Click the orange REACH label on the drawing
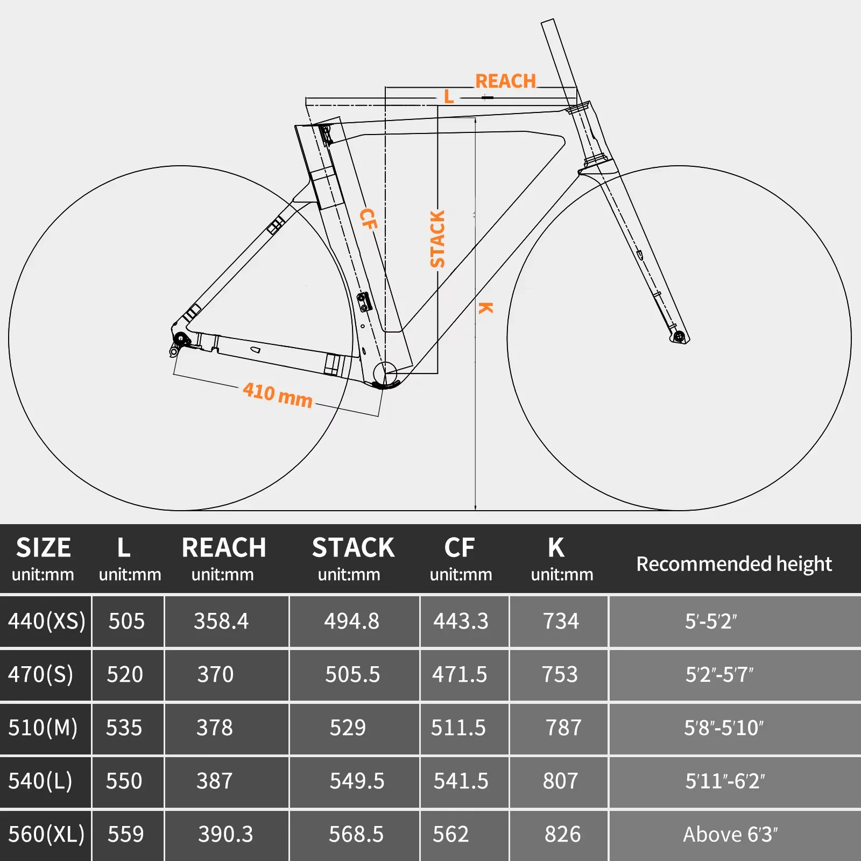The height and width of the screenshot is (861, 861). [505, 81]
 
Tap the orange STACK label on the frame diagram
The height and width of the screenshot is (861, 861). [437, 239]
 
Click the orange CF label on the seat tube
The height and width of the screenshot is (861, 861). [368, 218]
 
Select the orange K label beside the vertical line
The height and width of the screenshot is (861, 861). [486, 308]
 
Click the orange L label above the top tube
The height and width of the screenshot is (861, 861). [449, 97]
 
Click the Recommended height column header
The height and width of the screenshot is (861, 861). [733, 563]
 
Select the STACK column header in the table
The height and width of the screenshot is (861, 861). [353, 548]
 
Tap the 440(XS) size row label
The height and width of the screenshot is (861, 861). [46, 621]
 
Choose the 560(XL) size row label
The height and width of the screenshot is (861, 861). [46, 834]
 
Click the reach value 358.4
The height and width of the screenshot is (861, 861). [221, 621]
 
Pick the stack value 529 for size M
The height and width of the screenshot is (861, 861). [348, 728]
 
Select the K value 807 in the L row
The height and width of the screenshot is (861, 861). [560, 781]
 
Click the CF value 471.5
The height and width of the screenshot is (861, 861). [460, 674]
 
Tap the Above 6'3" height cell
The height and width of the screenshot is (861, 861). [730, 834]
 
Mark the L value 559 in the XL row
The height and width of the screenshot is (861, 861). [125, 834]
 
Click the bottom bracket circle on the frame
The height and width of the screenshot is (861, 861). [385, 373]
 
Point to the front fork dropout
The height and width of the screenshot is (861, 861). [679, 337]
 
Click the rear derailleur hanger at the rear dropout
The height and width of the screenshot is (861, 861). [175, 351]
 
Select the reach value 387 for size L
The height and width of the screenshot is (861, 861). [214, 781]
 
